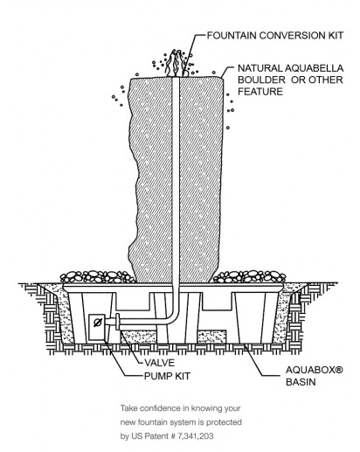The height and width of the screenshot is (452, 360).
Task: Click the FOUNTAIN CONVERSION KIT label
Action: pyautogui.click(x=275, y=36)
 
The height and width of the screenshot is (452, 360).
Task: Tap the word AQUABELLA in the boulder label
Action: pyautogui.click(x=314, y=68)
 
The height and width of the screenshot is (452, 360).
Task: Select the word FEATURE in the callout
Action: pyautogui.click(x=260, y=92)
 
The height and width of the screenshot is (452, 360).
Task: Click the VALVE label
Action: pyautogui.click(x=159, y=363)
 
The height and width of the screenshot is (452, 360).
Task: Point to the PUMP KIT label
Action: pyautogui.click(x=167, y=376)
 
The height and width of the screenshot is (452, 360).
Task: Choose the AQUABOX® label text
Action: pyautogui.click(x=315, y=370)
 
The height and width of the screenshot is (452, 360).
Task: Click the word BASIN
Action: pyautogui.click(x=301, y=382)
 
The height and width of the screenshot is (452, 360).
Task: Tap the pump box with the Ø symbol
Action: pyautogui.click(x=97, y=327)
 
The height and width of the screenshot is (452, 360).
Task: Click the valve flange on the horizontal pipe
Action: pyautogui.click(x=118, y=322)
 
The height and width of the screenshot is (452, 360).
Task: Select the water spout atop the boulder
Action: pyautogui.click(x=176, y=63)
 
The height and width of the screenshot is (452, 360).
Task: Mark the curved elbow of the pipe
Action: pyautogui.click(x=171, y=316)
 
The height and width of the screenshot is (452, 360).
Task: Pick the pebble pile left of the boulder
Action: pyautogui.click(x=98, y=277)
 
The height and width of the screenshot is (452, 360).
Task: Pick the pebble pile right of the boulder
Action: pyautogui.click(x=249, y=277)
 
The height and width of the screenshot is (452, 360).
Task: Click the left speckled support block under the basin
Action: pyautogui.click(x=139, y=337)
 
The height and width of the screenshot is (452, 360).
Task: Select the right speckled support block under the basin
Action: pyautogui.click(x=211, y=337)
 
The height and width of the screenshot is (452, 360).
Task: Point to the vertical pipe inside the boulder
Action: pyautogui.click(x=176, y=181)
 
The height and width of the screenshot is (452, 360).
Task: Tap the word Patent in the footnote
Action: pyautogui.click(x=157, y=436)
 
